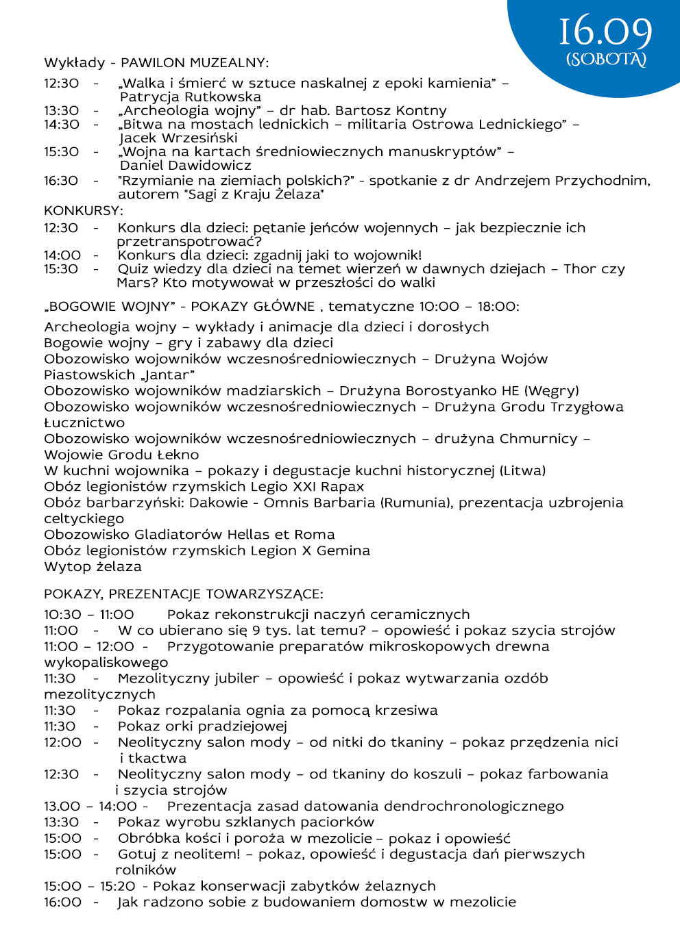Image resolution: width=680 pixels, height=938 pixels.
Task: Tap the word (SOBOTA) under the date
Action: pos(606,59)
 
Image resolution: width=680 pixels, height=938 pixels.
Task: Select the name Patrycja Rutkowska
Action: pos(190,97)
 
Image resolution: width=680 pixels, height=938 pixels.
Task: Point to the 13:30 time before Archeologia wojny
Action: pos(62,111)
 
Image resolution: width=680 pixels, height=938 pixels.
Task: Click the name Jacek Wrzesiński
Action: pos(178,138)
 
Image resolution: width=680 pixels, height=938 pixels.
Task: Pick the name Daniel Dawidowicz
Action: pos(185,166)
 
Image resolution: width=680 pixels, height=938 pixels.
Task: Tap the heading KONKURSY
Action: pos(83,211)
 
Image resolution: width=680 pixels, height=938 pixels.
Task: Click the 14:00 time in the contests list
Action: pos(62,255)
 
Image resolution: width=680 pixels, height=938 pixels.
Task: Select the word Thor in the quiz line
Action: pos(579,269)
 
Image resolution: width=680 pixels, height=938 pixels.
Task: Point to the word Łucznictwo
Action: pos(84,423)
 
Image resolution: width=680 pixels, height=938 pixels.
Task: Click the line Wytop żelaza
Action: pos(93,567)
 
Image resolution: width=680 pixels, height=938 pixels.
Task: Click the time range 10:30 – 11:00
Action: pos(89,615)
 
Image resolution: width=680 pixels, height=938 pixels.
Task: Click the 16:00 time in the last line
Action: pos(62,902)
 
